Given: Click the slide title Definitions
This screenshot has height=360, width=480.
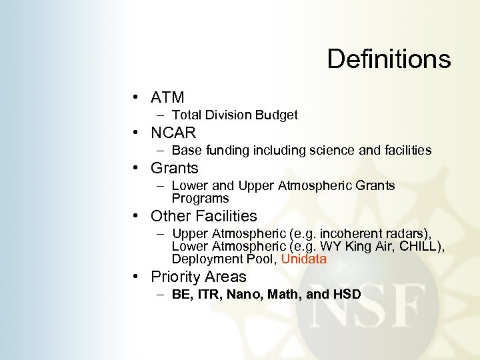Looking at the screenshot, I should (389, 59).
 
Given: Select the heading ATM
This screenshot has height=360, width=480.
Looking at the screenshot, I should (167, 98).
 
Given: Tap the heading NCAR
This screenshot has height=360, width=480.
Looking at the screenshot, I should (173, 133).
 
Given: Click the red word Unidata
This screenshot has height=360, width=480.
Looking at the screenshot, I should (304, 259).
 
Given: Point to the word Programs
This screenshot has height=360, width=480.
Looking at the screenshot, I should (200, 198).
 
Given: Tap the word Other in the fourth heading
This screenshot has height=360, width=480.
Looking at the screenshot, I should (170, 216).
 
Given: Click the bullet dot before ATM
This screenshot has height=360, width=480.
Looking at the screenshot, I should (135, 99).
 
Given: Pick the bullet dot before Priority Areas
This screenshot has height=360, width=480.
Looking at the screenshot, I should (135, 277).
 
